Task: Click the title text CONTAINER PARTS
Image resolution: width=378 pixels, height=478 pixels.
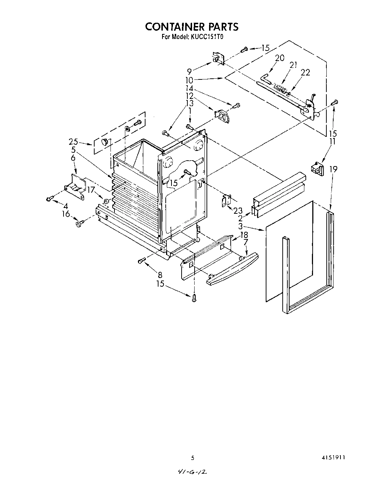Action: (x=192, y=27)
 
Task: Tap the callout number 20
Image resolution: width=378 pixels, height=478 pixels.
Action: (x=279, y=58)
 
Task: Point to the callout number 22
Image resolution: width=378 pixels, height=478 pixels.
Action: (x=305, y=73)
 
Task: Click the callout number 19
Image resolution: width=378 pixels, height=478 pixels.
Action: (x=333, y=169)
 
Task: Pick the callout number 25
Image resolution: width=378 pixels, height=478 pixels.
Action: (x=74, y=142)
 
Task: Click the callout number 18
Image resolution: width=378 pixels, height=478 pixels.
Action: (x=244, y=234)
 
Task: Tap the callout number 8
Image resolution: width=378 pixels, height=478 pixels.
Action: (x=160, y=274)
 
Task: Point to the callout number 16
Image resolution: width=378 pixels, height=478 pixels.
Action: (x=66, y=214)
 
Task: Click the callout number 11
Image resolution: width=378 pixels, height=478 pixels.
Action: (x=332, y=141)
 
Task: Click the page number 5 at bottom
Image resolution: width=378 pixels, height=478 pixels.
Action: (x=192, y=457)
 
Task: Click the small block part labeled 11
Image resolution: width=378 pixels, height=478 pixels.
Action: (x=317, y=168)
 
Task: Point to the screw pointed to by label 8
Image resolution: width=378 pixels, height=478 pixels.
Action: (x=142, y=260)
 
